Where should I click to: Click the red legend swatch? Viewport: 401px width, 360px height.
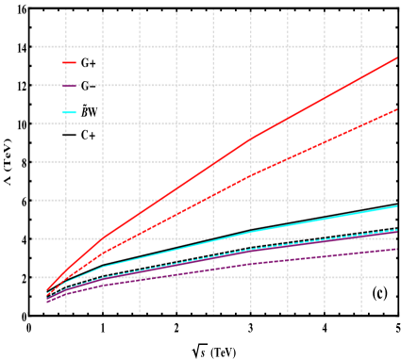[69, 62]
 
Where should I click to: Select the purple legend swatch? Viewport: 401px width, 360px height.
[69, 86]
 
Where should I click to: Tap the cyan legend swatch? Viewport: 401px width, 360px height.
[69, 112]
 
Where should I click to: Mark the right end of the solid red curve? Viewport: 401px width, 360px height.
[396, 58]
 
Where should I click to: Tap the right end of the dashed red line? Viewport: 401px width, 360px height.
[396, 109]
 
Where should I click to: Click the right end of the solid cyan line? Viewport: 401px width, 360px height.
[396, 205]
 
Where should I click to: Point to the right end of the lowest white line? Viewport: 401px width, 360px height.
[396, 268]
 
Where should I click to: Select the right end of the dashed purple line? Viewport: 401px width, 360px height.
[396, 249]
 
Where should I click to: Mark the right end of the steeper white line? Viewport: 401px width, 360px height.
[396, 221]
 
